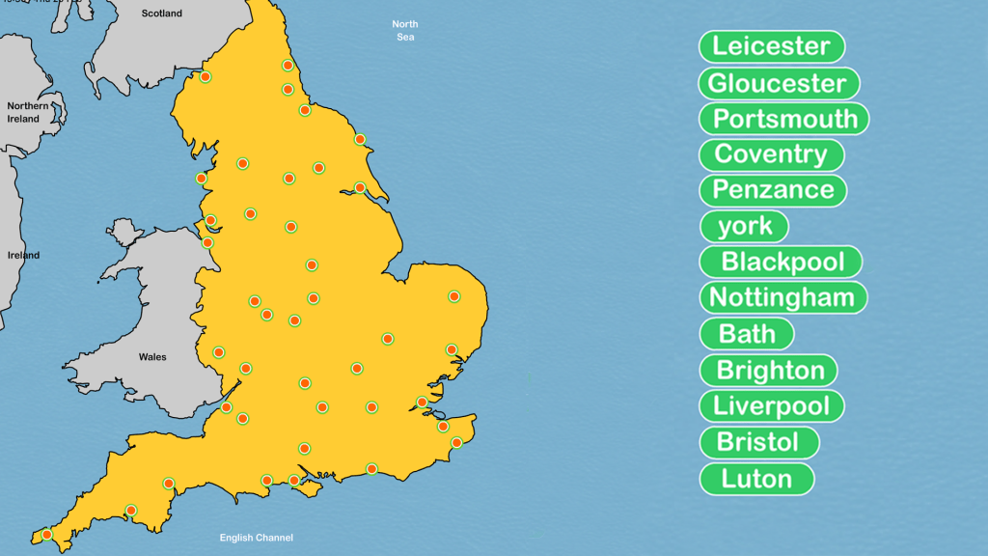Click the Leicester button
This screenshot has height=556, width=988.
(771, 46)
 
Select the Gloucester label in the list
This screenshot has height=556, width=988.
(778, 83)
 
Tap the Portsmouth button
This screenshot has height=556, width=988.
(783, 119)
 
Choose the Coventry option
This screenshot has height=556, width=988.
(771, 154)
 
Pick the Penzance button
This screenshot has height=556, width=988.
(773, 190)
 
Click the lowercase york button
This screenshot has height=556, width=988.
(744, 226)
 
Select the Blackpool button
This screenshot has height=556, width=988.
(781, 262)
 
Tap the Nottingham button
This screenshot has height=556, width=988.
(782, 297)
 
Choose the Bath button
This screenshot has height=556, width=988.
(747, 334)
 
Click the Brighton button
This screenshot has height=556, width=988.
(769, 371)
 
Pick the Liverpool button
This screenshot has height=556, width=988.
(772, 405)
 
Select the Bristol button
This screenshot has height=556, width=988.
(758, 442)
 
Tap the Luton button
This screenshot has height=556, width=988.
(756, 479)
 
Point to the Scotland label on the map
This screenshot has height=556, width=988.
(161, 14)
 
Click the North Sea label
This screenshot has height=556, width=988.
(405, 30)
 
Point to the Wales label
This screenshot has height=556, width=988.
(152, 357)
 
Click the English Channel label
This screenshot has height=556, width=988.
(256, 538)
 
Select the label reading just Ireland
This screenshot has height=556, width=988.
(23, 256)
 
